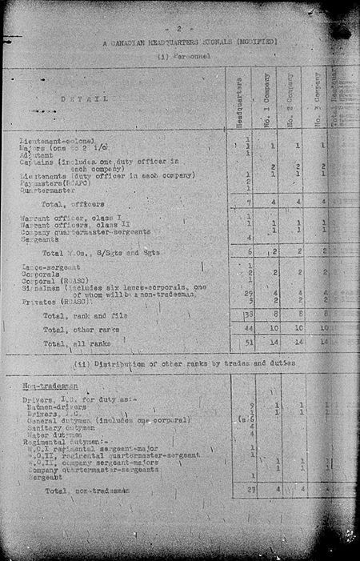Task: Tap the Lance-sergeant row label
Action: (x=46, y=266)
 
